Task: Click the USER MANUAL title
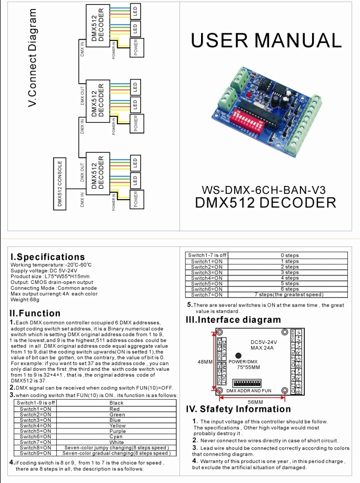pos(267,40)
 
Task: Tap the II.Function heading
pos(35,313)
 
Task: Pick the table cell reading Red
pos(114,409)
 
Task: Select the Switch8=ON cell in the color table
pos(35,447)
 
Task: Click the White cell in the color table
pos(116,442)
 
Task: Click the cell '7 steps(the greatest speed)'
pos(289,295)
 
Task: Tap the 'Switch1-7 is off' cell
pos(207,255)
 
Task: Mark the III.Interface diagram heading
pos(234,320)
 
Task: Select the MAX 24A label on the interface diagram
pos(261,348)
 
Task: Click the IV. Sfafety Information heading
pos(238,409)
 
